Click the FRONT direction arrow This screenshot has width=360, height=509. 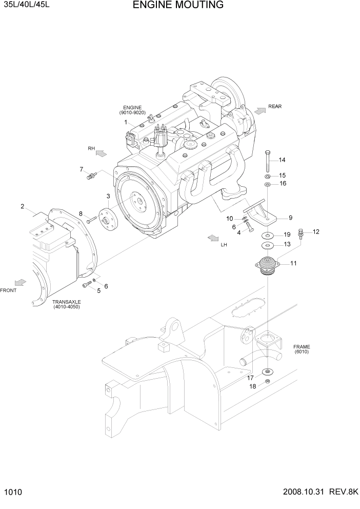[21, 282]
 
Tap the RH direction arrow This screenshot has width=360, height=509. [101, 152]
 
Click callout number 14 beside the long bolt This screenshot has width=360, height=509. [282, 160]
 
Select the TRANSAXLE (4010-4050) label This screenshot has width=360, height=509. [66, 304]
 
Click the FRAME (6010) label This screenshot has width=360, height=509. [302, 349]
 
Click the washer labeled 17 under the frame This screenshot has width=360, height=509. [267, 372]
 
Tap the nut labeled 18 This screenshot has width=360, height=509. [268, 382]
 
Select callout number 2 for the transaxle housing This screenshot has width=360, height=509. [23, 206]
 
